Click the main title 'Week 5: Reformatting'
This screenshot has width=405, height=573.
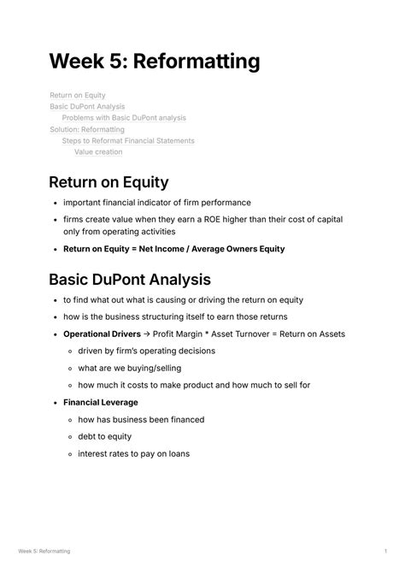pos(154,62)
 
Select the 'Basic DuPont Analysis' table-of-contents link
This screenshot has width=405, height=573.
pos(87,107)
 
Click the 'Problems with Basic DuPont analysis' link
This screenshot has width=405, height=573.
pos(124,118)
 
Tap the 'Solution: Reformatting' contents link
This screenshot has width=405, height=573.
pos(87,129)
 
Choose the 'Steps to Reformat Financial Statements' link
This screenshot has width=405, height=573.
pos(128,140)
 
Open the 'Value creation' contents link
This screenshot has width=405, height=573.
pos(98,152)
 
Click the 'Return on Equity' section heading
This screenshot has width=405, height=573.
pos(109,181)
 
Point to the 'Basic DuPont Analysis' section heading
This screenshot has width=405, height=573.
pos(130,279)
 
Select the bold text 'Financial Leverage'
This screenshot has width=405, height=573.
pos(101,402)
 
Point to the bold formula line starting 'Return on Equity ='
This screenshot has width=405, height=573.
pos(174,249)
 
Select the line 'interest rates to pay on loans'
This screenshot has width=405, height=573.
pos(133,453)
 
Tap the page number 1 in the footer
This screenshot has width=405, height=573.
pos(386,552)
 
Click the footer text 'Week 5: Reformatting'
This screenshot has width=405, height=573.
pos(44,552)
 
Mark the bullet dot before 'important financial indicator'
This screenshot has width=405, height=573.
pos(55,204)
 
